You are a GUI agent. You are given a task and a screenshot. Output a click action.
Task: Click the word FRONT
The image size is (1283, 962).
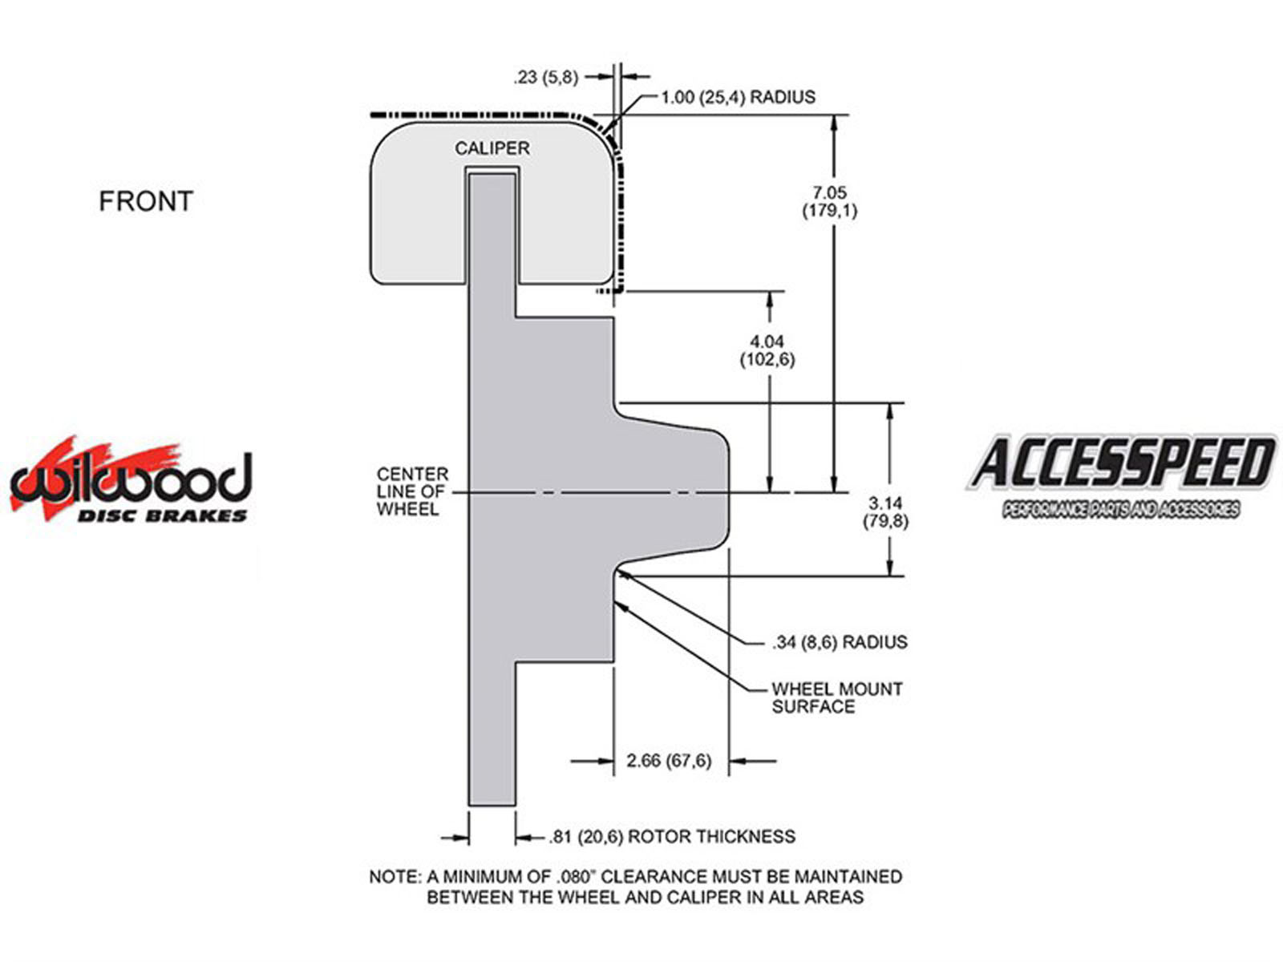coord(146,201)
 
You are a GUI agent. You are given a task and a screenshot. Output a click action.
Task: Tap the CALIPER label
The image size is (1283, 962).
coord(492,148)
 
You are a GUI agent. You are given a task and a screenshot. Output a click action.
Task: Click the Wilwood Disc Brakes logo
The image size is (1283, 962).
coord(132,480)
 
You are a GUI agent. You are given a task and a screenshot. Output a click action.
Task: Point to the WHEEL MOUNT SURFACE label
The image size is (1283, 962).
coord(837,697)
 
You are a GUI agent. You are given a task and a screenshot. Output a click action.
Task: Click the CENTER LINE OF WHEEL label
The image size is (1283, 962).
coord(413,491)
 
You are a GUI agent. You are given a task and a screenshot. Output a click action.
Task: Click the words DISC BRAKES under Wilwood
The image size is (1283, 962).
coord(162,515)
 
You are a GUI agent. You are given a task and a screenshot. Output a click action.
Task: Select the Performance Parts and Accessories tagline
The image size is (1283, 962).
coord(1120,509)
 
